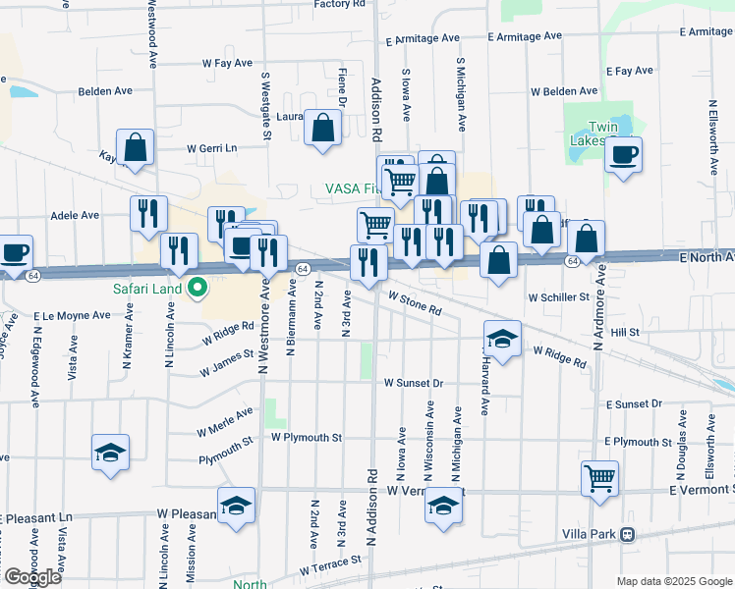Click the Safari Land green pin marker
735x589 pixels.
click(197, 289)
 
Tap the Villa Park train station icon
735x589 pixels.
click(627, 535)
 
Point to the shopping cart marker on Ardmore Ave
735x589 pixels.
click(599, 479)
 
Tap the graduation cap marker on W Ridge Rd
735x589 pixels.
click(502, 339)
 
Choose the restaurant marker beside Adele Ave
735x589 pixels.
click(148, 213)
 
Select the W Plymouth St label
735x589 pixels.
click(307, 436)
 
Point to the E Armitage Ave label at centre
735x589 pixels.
click(525, 36)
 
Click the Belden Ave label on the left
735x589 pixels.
click(105, 91)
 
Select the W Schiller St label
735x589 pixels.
click(557, 296)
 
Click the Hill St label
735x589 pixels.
click(625, 333)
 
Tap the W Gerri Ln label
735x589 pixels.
click(213, 148)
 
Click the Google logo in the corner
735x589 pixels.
click(32, 577)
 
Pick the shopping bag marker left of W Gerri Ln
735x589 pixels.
click(136, 147)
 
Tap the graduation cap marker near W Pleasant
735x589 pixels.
click(236, 507)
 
